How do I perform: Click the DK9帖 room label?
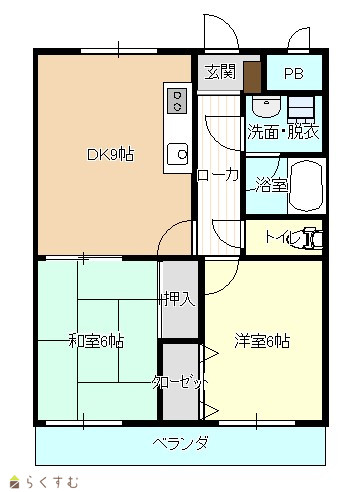110,155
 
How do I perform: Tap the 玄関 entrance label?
220,72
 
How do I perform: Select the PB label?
294,74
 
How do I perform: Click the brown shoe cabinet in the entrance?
252,77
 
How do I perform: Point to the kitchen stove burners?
178,101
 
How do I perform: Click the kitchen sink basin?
178,154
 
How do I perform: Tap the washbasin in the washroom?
266,106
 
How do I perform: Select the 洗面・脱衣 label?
283,132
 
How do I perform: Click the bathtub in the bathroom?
306,186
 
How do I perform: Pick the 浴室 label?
272,185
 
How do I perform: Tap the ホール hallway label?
218,176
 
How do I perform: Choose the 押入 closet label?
180,299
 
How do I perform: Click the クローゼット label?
180,382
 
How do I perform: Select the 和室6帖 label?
96,341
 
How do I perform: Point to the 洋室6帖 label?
262,341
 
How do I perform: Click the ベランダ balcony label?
181,443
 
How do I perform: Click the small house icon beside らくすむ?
14,481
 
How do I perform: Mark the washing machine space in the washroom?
301,107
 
